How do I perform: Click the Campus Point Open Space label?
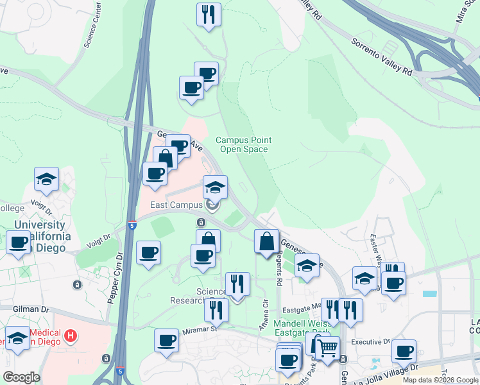243,144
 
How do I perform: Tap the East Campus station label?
176,205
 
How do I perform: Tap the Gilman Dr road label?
31,309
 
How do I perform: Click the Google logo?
21,377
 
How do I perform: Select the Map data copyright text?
440,380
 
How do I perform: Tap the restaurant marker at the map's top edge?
209,14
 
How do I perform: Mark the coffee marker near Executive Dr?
404,351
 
